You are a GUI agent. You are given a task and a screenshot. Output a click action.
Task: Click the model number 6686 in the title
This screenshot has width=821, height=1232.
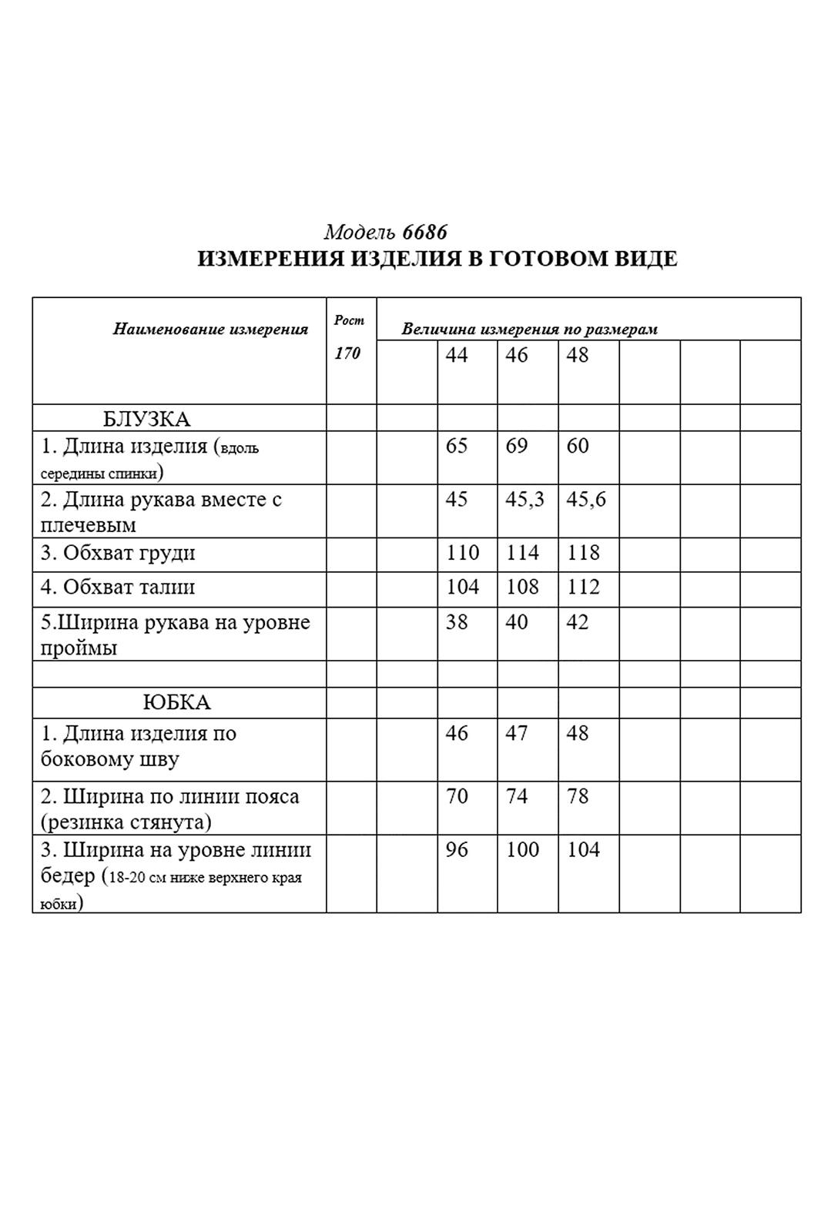point(424,232)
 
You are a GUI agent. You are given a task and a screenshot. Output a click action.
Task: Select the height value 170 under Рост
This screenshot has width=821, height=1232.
point(347,353)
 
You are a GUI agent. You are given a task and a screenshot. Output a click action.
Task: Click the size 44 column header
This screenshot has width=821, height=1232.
point(457,355)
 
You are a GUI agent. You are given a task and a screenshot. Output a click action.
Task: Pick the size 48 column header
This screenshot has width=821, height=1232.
point(578,355)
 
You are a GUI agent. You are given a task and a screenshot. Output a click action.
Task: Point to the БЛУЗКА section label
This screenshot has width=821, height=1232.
point(146,419)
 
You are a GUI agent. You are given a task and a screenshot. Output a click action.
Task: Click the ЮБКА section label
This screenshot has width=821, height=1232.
point(176,702)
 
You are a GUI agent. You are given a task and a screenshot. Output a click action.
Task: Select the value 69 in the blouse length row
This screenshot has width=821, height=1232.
point(517,446)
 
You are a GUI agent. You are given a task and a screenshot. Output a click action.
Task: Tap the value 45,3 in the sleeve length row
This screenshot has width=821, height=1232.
point(524,499)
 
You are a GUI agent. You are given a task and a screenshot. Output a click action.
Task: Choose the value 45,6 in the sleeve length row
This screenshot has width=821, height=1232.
point(586,499)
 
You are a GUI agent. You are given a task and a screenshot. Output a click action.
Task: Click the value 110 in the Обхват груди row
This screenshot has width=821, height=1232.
point(463,553)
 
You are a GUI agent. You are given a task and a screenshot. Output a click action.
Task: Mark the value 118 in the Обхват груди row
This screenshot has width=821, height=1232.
point(583,553)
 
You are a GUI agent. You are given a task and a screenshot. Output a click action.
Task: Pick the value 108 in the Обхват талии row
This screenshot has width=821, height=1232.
point(523,588)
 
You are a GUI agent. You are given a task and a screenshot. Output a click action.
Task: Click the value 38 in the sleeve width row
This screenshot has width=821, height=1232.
point(457,622)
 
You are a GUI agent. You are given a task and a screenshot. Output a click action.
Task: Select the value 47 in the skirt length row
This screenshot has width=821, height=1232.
point(517,733)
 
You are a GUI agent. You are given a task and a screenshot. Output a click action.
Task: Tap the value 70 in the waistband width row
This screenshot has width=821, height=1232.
point(457,796)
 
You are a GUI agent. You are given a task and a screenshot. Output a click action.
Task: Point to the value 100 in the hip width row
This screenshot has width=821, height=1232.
point(523,850)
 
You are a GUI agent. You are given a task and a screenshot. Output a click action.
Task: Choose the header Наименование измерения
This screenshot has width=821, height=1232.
point(210,330)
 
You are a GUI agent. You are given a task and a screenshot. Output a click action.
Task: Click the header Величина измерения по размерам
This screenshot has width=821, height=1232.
point(529,330)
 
